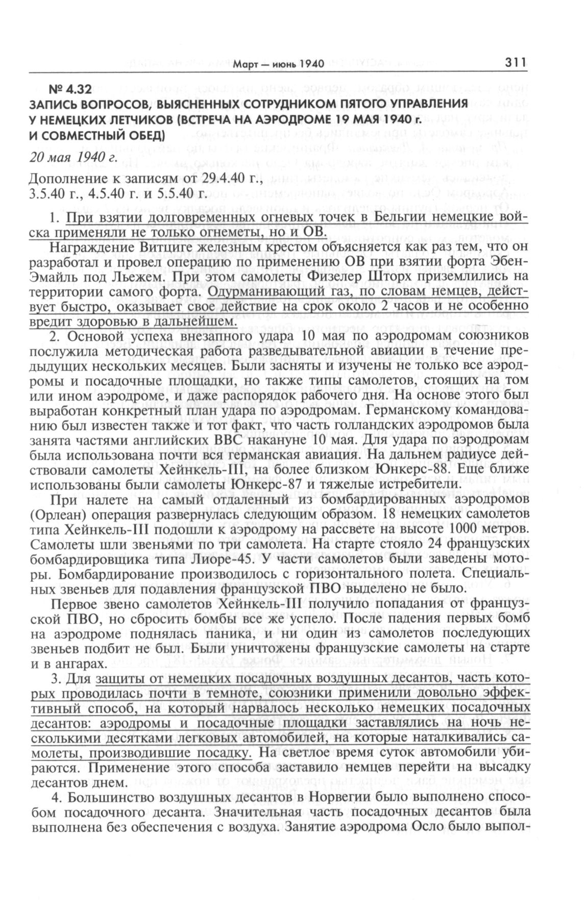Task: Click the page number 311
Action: pyautogui.click(x=516, y=63)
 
